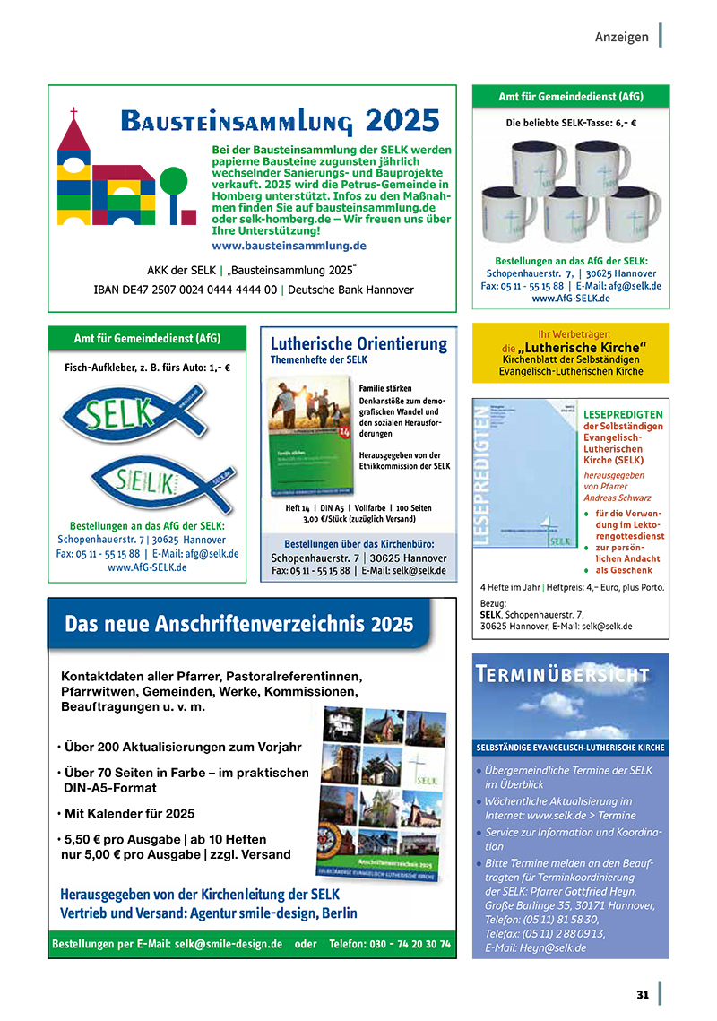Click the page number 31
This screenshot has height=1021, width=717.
click(642, 994)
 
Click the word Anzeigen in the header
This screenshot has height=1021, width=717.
click(621, 37)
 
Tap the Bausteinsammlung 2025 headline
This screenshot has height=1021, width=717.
click(280, 120)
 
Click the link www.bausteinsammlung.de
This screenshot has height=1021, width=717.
click(289, 245)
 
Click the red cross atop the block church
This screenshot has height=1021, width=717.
click(73, 114)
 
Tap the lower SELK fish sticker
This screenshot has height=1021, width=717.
click(143, 485)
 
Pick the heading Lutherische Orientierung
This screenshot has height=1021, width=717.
click(358, 343)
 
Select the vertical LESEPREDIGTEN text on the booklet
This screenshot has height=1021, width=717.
click(487, 475)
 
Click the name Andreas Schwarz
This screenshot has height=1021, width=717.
click(617, 498)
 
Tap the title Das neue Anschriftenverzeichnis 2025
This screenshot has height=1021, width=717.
click(239, 624)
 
